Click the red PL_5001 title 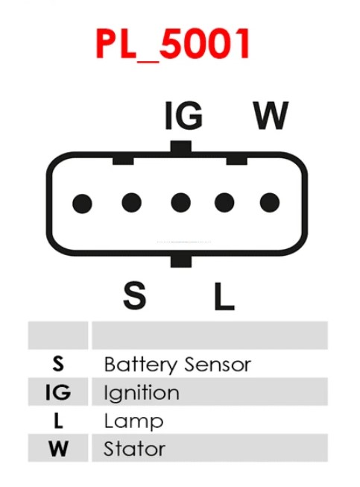tap(173, 44)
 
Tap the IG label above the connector tap(183, 116)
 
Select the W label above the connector tap(271, 116)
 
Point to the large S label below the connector tap(134, 295)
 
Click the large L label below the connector tap(224, 296)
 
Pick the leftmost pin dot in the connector tap(82, 204)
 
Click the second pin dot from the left tap(132, 203)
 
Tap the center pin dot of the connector tap(180, 203)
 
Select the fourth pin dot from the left tap(224, 203)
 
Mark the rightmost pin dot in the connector tap(270, 203)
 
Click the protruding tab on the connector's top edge tap(181, 147)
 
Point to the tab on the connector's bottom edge tap(181, 261)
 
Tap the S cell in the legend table tap(58, 364)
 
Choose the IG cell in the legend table tap(58, 392)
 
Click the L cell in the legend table tap(58, 421)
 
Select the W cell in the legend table tap(58, 448)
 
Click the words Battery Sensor tap(177, 365)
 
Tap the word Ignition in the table tap(142, 393)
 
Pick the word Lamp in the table tap(133, 421)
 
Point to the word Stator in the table tap(134, 449)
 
